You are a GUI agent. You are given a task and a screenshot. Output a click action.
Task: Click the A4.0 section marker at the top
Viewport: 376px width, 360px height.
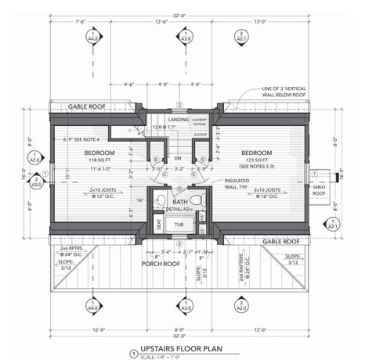click(x=94, y=36)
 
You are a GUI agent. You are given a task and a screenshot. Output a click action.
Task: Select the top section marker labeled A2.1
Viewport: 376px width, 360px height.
click(x=241, y=36)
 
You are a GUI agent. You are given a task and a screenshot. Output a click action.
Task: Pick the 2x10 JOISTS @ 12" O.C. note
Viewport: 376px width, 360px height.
click(x=107, y=192)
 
